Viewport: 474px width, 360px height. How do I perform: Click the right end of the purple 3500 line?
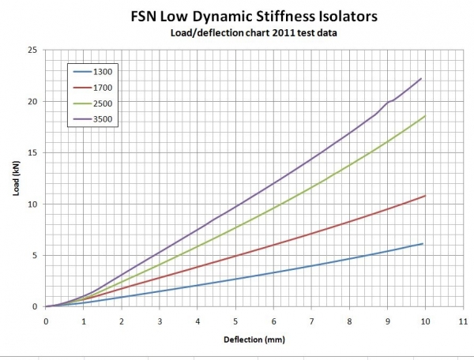coord(422,78)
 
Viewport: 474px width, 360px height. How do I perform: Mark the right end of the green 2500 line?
coord(425,116)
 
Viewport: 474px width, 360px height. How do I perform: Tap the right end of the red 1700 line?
coord(425,196)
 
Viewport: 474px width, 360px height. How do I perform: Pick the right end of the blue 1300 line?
coord(423,244)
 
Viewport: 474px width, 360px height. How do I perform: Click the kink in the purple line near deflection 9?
coord(387,103)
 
